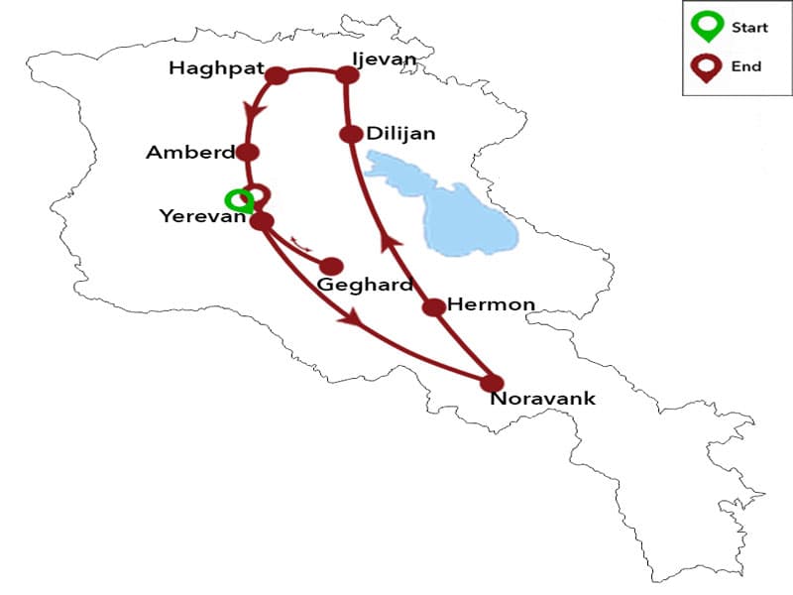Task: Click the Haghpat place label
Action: click(x=215, y=69)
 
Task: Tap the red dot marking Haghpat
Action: click(x=277, y=75)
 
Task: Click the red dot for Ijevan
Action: click(x=347, y=74)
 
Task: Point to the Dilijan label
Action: click(x=400, y=132)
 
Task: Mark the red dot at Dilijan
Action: click(x=350, y=134)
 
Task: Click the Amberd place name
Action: click(x=190, y=153)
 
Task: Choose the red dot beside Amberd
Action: click(x=248, y=153)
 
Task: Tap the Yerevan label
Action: click(x=202, y=216)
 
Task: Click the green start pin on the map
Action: click(x=238, y=199)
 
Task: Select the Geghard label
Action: click(x=364, y=286)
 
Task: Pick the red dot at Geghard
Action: click(x=332, y=266)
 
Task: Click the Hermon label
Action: click(x=491, y=304)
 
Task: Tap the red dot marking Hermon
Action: click(x=433, y=307)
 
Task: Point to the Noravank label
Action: click(x=542, y=400)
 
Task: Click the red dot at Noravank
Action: click(x=492, y=383)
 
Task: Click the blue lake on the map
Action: click(x=466, y=213)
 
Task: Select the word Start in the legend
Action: click(x=749, y=28)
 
